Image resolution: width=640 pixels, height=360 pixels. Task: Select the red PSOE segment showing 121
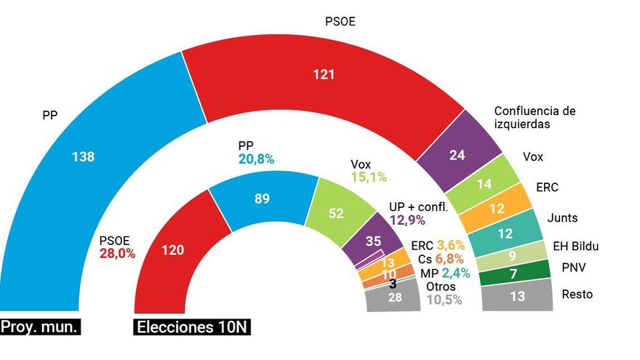[323, 75]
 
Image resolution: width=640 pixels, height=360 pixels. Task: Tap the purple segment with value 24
[457, 155]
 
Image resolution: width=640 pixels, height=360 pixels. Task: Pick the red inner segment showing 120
[174, 250]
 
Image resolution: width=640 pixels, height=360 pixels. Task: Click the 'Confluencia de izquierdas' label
[535, 118]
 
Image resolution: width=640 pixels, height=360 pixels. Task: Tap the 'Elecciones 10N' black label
[192, 327]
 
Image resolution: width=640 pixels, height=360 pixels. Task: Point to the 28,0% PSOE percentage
[117, 254]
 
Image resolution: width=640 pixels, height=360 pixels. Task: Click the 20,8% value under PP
[256, 159]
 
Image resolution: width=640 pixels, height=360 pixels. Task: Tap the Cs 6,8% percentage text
[452, 260]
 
